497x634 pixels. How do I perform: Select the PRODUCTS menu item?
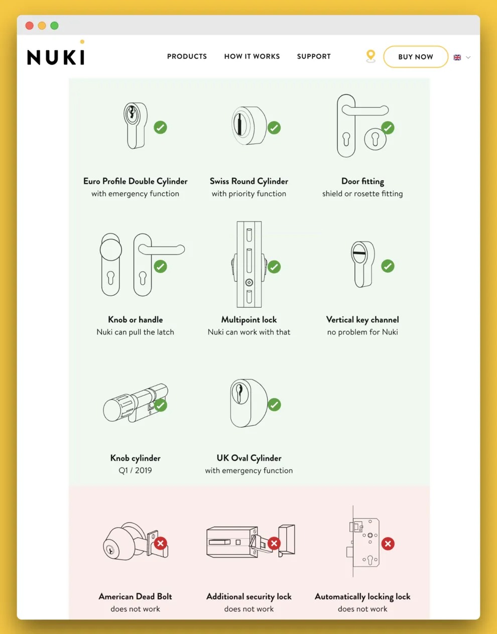click(187, 56)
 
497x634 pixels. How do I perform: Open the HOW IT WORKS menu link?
click(252, 56)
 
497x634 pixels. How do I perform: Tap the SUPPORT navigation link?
click(314, 56)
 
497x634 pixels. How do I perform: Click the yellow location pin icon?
click(370, 56)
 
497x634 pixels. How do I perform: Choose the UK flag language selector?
click(457, 57)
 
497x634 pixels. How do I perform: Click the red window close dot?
click(30, 26)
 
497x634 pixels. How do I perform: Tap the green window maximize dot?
click(55, 26)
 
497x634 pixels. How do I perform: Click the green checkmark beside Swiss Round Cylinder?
click(274, 128)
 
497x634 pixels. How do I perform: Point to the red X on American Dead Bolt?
click(161, 543)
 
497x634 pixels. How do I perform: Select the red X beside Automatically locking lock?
click(388, 544)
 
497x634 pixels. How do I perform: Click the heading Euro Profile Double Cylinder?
click(136, 181)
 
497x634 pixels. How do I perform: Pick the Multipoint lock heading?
click(249, 319)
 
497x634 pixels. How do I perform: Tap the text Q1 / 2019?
click(136, 470)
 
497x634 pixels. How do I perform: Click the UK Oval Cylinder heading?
click(249, 458)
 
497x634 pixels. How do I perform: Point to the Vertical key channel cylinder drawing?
click(363, 265)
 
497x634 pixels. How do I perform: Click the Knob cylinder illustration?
click(136, 403)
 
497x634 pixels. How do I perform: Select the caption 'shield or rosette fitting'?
click(362, 194)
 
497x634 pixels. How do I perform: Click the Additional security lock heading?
click(249, 596)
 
